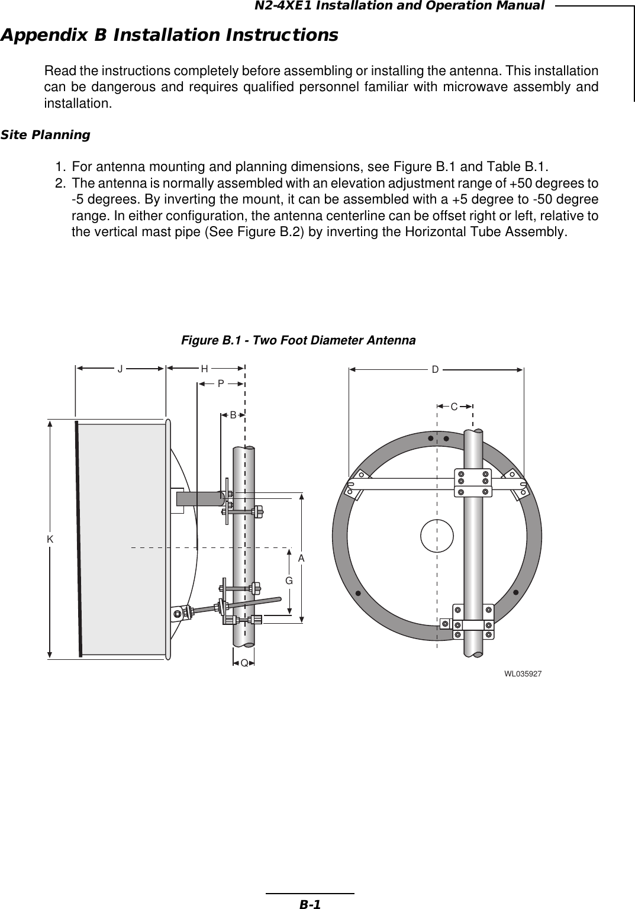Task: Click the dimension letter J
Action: (120, 369)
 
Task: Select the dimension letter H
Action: (204, 369)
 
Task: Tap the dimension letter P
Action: (220, 383)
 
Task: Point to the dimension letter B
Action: (233, 415)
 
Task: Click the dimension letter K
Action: (50, 539)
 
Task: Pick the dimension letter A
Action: (301, 558)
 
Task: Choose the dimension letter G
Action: (289, 581)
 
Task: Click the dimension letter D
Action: (435, 370)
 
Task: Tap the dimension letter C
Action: (454, 407)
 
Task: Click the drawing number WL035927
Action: (523, 674)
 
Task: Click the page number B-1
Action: (310, 904)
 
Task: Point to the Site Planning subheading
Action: (46, 135)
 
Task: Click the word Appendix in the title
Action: (44, 35)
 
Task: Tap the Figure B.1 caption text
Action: (298, 340)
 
